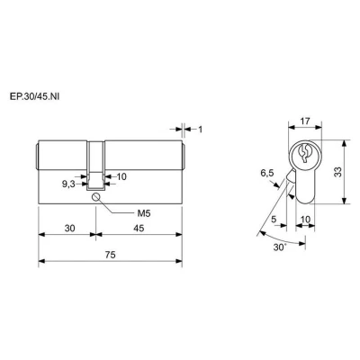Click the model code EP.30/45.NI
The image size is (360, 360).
tap(34, 97)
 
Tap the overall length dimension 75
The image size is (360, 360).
tap(111, 255)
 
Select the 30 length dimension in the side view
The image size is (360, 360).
tap(69, 229)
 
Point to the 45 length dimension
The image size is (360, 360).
tap(139, 229)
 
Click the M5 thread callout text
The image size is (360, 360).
tap(144, 213)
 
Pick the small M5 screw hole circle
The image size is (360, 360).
tap(96, 197)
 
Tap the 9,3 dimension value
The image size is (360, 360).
tap(68, 184)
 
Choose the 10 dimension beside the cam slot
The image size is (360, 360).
tap(121, 176)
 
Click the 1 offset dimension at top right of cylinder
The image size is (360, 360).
tap(201, 130)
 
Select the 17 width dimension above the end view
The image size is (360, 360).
tap(305, 121)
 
